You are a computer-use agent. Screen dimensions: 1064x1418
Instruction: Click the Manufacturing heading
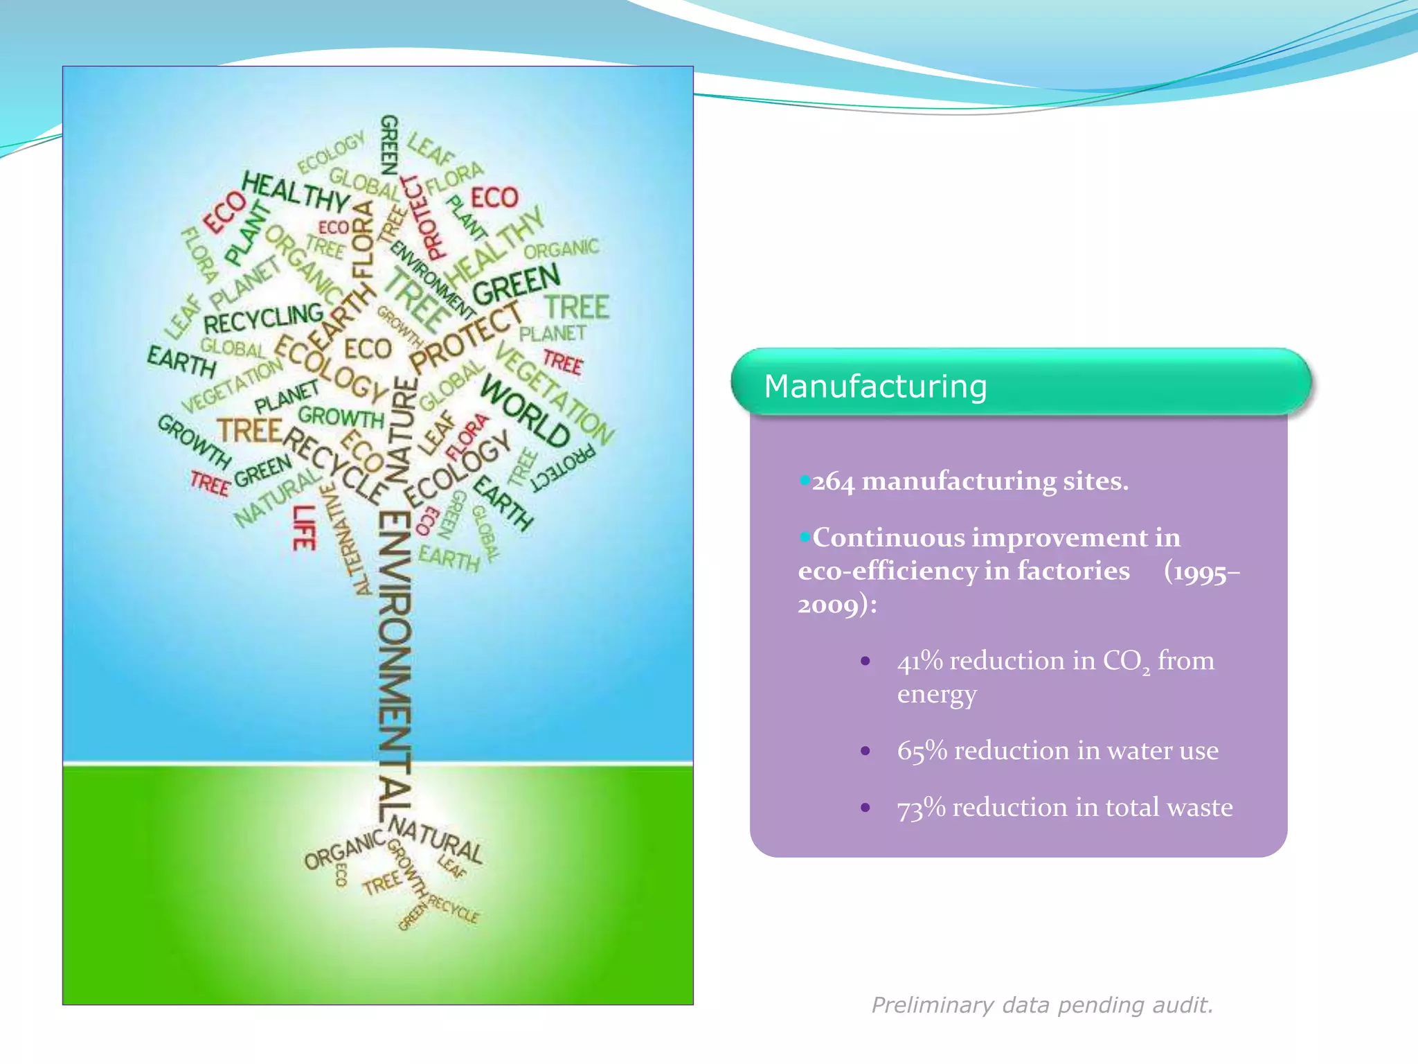pos(875,387)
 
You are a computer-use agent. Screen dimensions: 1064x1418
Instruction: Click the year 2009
pos(827,605)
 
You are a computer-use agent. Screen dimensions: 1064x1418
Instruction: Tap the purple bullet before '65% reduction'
pos(865,751)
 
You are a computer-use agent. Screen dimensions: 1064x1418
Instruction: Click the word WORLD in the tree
pos(526,411)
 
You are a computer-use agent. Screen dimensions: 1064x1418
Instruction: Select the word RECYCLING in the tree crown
pos(263,319)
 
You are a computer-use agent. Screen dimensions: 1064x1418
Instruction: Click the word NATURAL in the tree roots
pos(436,840)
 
